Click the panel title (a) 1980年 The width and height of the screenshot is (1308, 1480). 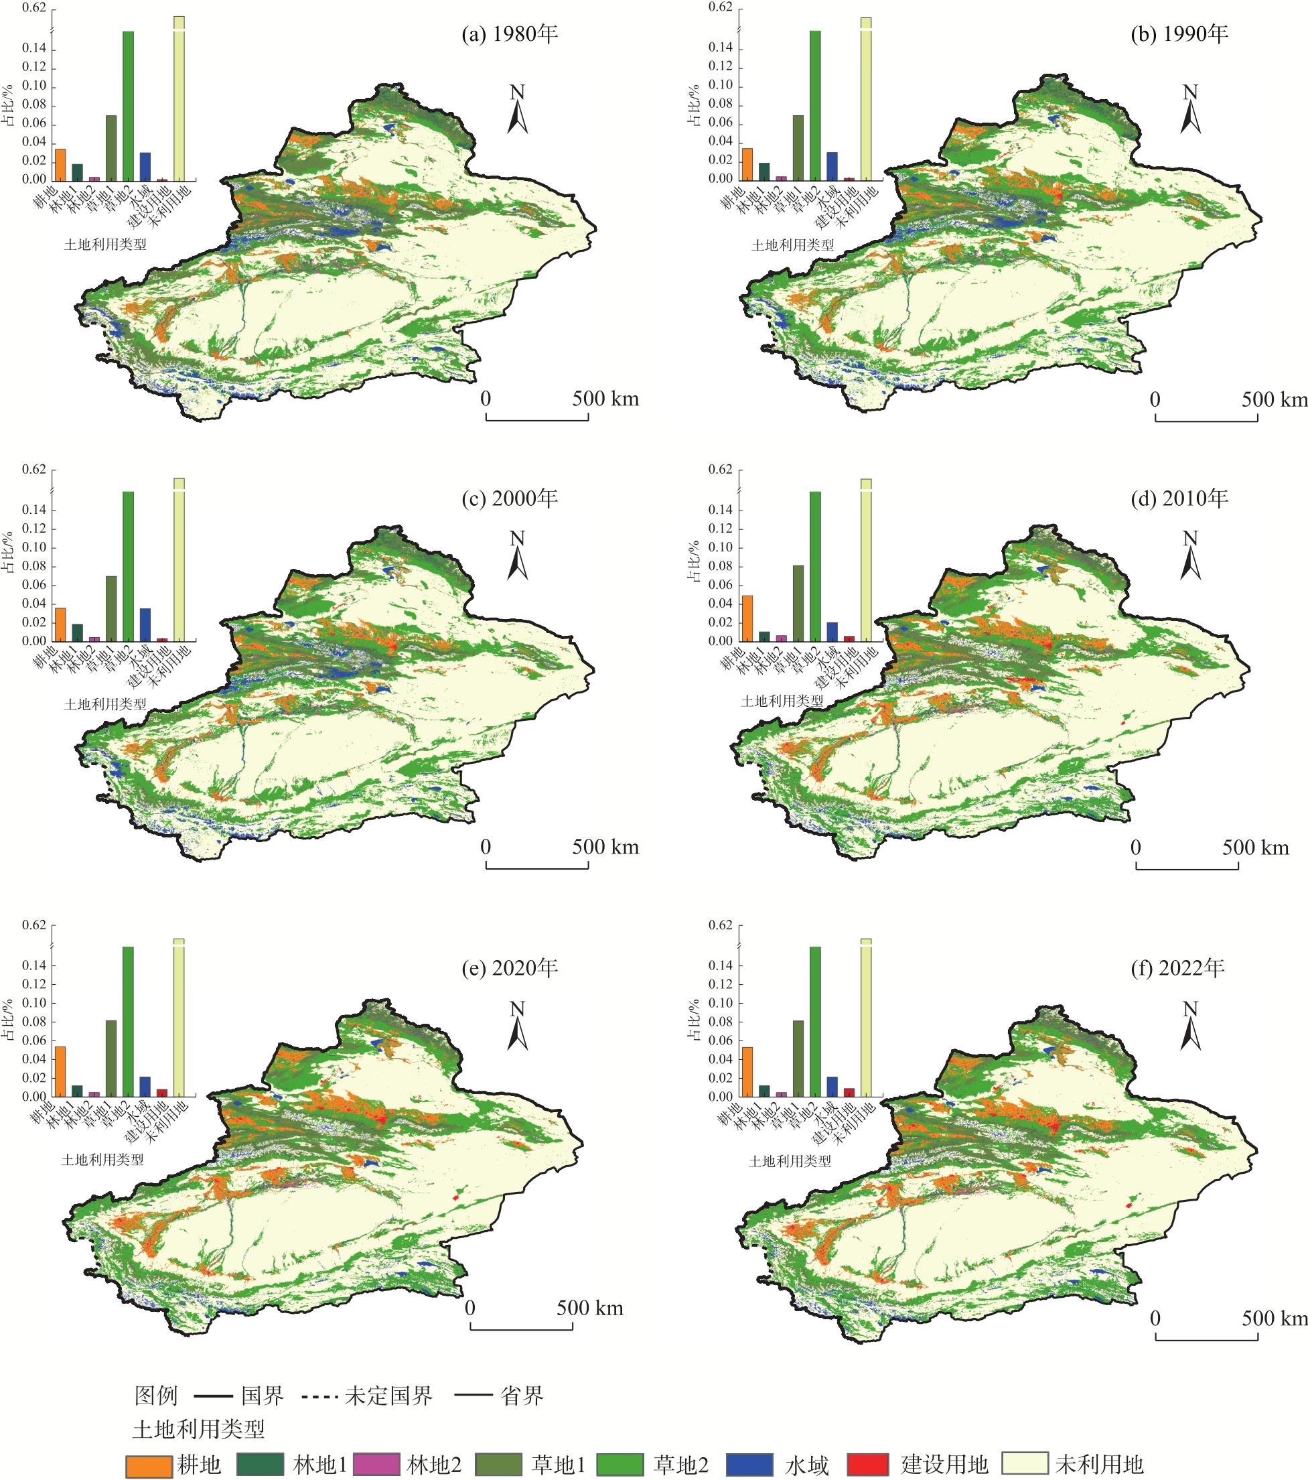coord(510,34)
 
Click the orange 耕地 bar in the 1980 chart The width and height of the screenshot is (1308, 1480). coord(60,165)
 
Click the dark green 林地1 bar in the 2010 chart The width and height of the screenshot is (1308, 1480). coord(764,636)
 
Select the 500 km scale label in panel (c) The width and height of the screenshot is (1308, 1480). coord(606,846)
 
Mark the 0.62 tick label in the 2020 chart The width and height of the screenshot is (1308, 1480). coord(34,925)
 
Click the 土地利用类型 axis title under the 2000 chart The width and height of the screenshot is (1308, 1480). coord(105,703)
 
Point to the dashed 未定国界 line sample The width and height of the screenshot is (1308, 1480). coord(319,1396)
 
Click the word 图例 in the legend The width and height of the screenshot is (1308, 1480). coord(155,1396)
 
